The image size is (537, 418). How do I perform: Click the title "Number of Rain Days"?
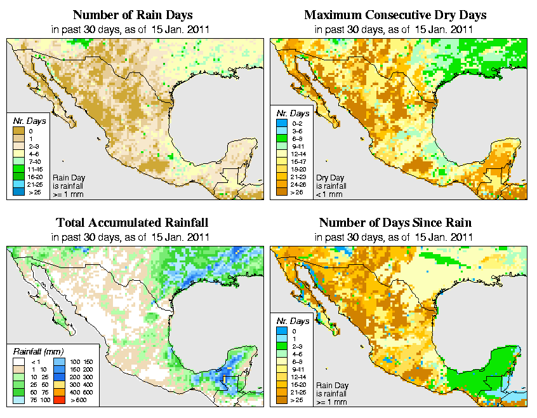(x=132, y=15)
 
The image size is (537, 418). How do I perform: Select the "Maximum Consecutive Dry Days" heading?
(x=395, y=15)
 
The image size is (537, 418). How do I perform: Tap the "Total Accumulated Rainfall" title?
(x=132, y=223)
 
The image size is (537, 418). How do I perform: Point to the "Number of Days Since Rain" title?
(x=395, y=223)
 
